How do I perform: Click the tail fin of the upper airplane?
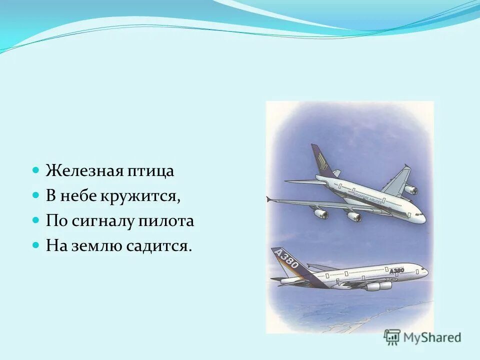tap(320, 160)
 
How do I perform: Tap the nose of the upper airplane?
tap(423, 217)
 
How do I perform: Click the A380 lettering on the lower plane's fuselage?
tap(396, 270)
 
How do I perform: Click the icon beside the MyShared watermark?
tap(392, 337)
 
